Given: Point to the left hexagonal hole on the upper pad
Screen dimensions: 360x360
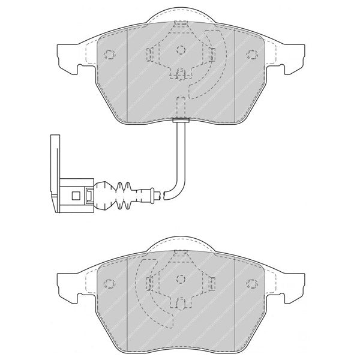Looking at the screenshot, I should point(109,55).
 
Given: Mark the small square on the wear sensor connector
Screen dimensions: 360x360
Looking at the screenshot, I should point(75,195).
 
